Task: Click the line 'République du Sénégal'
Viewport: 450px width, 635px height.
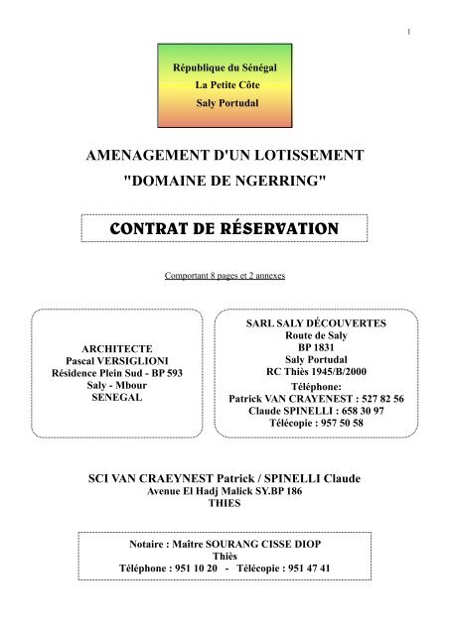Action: coord(225,66)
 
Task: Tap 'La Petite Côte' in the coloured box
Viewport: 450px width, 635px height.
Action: coord(225,84)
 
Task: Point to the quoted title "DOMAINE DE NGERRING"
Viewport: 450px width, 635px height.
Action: coord(225,181)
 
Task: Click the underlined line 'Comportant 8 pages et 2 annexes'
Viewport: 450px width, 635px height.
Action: coord(225,274)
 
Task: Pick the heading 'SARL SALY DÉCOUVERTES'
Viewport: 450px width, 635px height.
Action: coord(323,324)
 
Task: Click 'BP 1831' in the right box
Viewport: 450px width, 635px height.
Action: coord(323,350)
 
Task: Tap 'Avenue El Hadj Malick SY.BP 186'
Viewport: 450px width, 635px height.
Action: coord(225,491)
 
